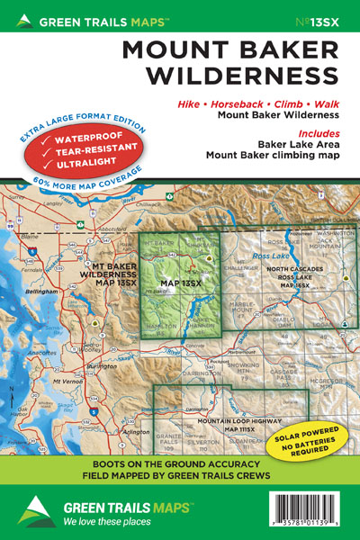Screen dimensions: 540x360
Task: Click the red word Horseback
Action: click(x=241, y=104)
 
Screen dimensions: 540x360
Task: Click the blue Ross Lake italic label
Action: click(x=270, y=256)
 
